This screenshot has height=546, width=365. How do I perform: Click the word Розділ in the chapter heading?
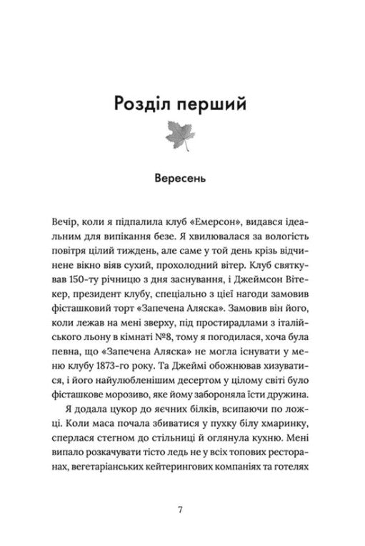[x=141, y=104]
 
